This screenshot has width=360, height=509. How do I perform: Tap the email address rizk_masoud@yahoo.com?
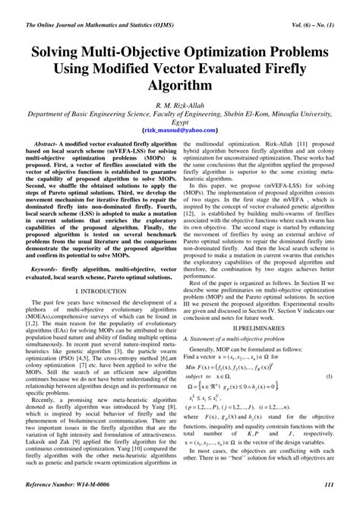tap(179, 130)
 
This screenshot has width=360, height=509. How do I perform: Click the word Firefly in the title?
tap(289, 74)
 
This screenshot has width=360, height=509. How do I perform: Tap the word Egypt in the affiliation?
tap(179, 122)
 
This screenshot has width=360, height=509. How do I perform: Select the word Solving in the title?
tap(62, 58)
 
